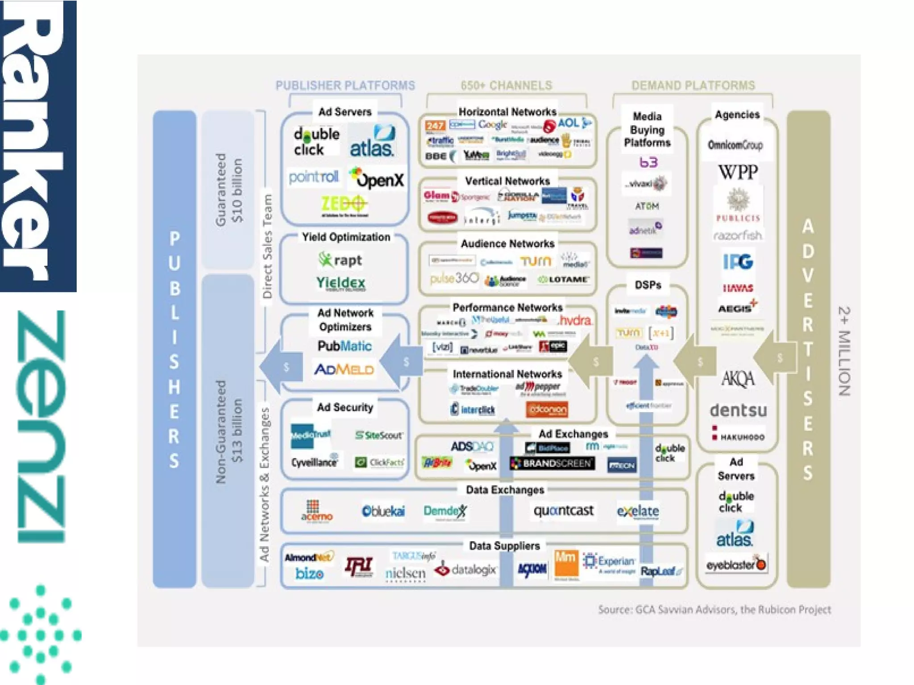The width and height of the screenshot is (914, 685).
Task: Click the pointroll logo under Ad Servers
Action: click(x=313, y=177)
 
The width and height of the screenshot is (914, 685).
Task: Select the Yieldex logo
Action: click(x=341, y=283)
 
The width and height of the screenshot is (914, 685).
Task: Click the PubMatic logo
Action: click(x=344, y=346)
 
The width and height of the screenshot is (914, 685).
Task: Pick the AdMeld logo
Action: click(x=344, y=369)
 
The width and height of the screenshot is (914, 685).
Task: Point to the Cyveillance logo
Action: click(x=314, y=462)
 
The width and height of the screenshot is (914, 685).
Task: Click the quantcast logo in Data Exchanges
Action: click(x=563, y=510)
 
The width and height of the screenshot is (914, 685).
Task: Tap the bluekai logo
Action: click(x=383, y=511)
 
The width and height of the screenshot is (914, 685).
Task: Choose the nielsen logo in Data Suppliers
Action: click(x=405, y=574)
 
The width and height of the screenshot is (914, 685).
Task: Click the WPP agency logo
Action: click(x=738, y=172)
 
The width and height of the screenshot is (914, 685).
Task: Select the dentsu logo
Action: click(x=738, y=410)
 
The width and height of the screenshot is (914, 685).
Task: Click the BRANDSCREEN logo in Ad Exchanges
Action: click(x=553, y=464)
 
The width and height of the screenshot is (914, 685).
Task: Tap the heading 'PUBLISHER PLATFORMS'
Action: click(x=345, y=85)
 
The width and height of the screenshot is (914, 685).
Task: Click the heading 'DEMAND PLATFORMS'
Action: click(x=693, y=85)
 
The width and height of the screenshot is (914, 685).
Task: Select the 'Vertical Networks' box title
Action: click(x=507, y=181)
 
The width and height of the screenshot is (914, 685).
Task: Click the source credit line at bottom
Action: click(x=714, y=610)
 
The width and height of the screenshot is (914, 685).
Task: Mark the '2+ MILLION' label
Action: click(x=844, y=351)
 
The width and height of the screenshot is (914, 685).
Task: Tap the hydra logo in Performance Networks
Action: click(x=575, y=321)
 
